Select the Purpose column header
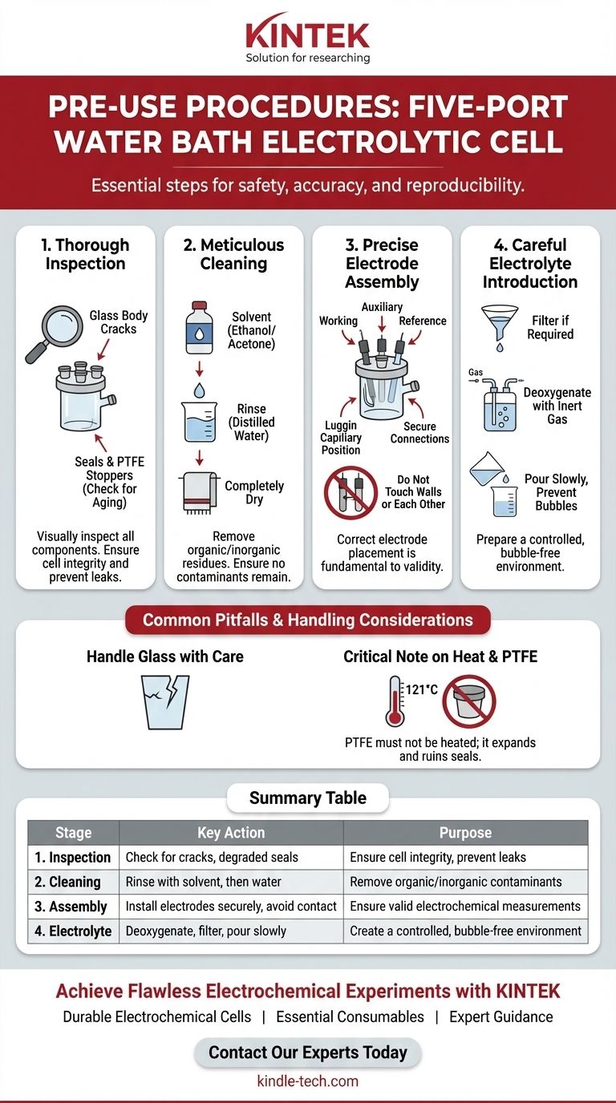click(465, 833)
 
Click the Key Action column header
click(231, 833)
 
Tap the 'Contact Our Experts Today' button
click(307, 1052)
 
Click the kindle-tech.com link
click(307, 1081)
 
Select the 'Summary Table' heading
click(307, 798)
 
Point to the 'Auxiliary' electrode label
click(382, 307)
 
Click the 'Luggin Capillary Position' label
click(341, 438)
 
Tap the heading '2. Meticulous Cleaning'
click(233, 254)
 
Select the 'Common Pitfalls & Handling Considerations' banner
click(307, 620)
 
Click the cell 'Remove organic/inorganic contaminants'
click(465, 882)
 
